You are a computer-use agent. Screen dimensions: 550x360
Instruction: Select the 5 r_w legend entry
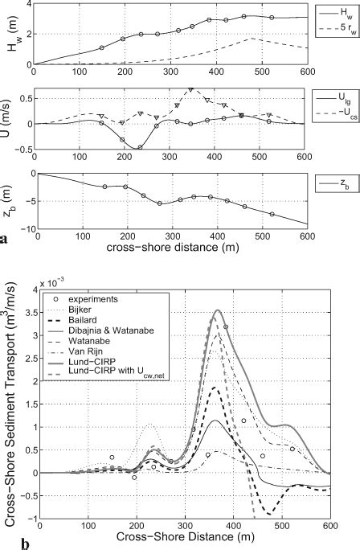[x=342, y=30]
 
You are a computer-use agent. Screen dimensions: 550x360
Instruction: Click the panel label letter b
[x=6, y=544]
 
